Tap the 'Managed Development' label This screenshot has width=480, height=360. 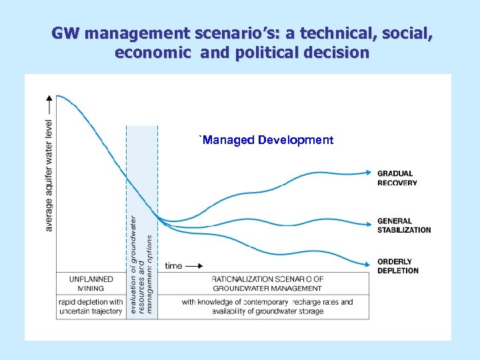pos(267,140)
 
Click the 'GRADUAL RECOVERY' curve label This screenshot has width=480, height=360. pos(397,178)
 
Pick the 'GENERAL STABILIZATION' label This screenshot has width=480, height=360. pos(404,225)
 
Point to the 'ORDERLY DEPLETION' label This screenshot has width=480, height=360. pos(398,266)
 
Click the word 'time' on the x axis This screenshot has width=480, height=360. pos(173,265)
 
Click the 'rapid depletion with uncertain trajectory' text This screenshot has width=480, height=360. pos(91,307)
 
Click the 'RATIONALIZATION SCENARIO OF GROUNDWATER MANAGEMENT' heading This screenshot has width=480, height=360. pos(267,283)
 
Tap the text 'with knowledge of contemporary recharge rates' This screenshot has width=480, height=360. pos(267,302)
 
